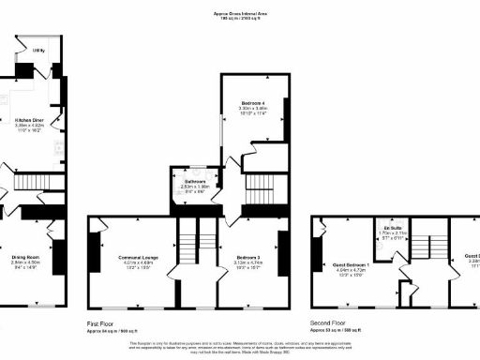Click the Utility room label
(38, 50)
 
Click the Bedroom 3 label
(247, 257)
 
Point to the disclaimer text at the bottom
(240, 347)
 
